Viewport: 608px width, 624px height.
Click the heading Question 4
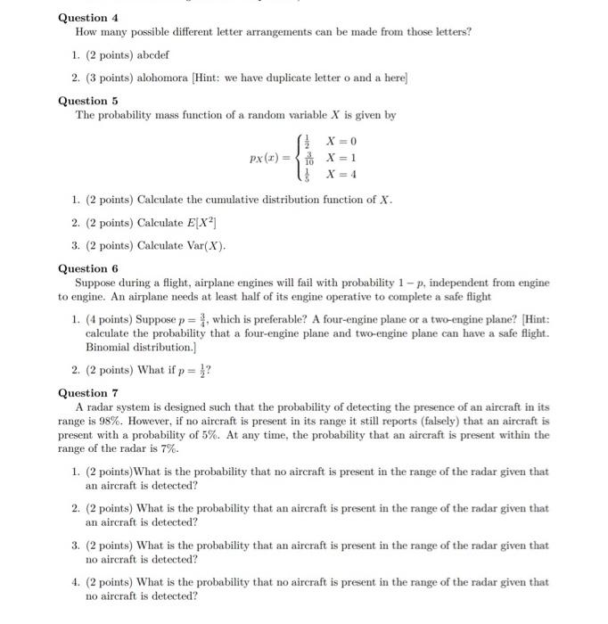88,18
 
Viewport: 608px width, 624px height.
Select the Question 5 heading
88,101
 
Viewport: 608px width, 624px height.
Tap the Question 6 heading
88,268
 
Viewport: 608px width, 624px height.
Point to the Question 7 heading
88,393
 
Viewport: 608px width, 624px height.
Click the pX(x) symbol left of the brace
269,158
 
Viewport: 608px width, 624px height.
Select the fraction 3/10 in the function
309,159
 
